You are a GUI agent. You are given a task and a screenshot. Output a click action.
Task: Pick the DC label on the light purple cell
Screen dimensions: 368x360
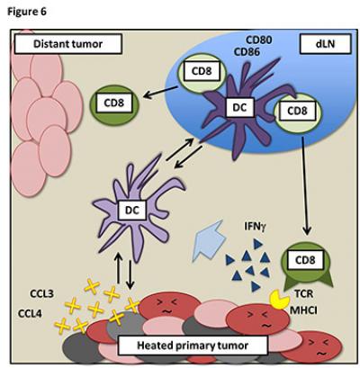130,210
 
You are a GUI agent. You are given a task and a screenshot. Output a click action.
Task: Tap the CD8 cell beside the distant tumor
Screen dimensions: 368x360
113,103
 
